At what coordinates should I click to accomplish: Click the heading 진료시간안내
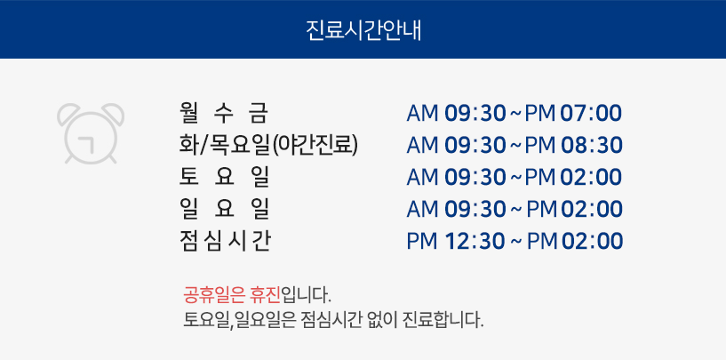pyautogui.click(x=363, y=30)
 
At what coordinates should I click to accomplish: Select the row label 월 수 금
pyautogui.click(x=224, y=114)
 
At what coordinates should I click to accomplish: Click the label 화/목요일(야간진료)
pyautogui.click(x=268, y=146)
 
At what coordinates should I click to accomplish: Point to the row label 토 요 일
pyautogui.click(x=224, y=177)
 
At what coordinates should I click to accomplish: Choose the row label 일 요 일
pyautogui.click(x=224, y=209)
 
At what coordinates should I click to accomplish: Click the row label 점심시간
pyautogui.click(x=224, y=241)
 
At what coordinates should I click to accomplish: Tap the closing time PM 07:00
pyautogui.click(x=573, y=114)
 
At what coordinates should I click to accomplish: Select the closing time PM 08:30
pyautogui.click(x=574, y=146)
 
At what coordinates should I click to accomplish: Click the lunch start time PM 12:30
pyautogui.click(x=456, y=242)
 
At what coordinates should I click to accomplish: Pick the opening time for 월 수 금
pyautogui.click(x=456, y=114)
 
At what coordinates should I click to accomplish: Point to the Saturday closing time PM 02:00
pyautogui.click(x=573, y=178)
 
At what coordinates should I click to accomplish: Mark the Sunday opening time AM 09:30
pyautogui.click(x=456, y=210)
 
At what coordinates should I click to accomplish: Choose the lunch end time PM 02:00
pyautogui.click(x=575, y=242)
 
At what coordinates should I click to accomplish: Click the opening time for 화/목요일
pyautogui.click(x=456, y=146)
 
